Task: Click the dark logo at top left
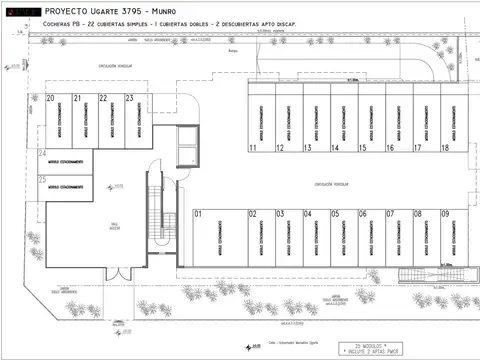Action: (21, 9)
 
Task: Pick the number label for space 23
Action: (129, 98)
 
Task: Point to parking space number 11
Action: (254, 147)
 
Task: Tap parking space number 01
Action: (199, 214)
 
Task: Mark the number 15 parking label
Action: (362, 147)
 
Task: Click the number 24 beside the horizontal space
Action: (42, 154)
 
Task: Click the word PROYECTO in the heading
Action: (65, 9)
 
